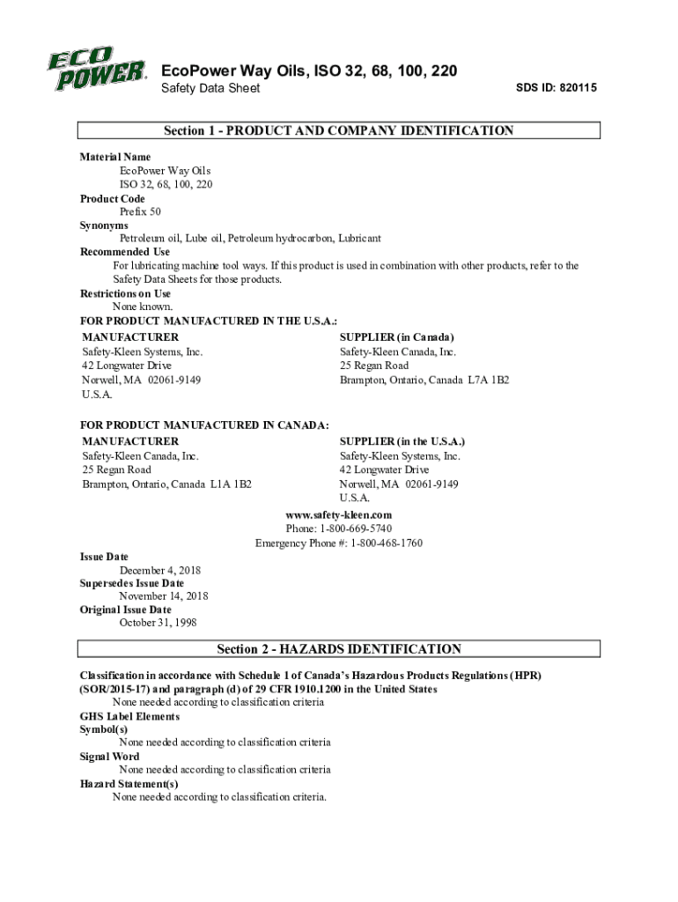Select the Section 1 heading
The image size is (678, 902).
click(339, 131)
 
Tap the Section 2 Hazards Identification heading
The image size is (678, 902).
click(339, 649)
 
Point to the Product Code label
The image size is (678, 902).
click(113, 199)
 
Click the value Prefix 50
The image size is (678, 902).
click(140, 212)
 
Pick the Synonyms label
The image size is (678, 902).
click(104, 225)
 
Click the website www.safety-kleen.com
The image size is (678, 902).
click(339, 514)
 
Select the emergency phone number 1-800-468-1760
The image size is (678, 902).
click(387, 543)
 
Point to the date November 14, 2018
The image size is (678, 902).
click(164, 596)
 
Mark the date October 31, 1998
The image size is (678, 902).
click(158, 623)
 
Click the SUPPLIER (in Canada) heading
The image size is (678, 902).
click(397, 337)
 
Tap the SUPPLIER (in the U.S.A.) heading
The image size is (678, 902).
click(402, 441)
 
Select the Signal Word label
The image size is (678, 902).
click(110, 757)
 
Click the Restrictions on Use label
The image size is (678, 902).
click(126, 293)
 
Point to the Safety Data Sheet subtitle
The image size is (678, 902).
click(210, 90)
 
